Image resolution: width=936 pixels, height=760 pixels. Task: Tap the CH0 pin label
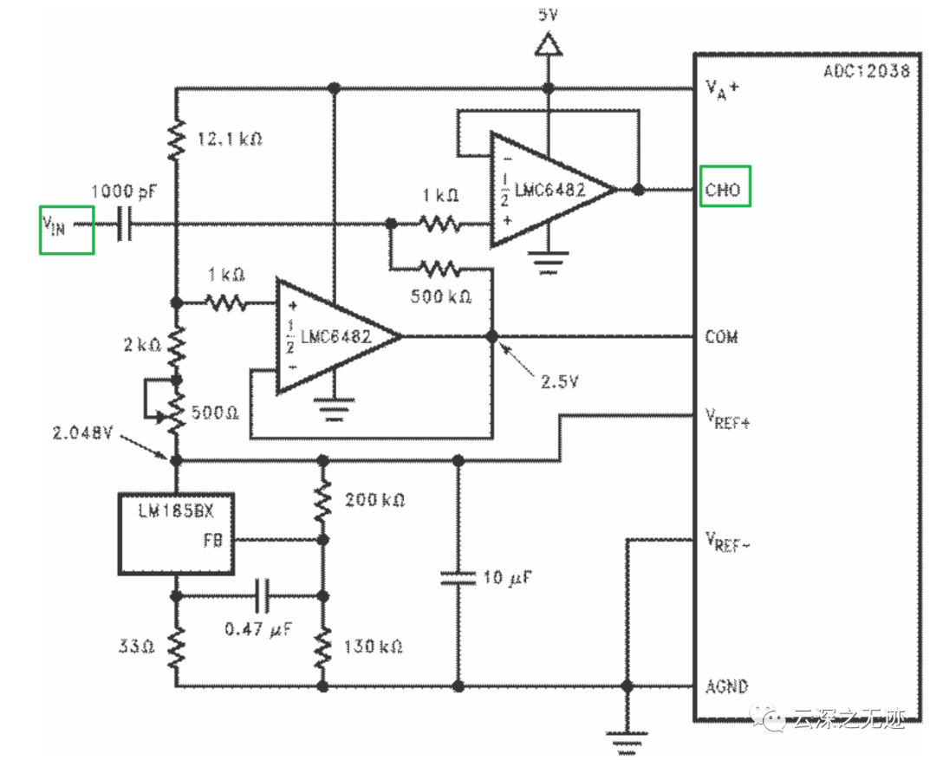tap(724, 189)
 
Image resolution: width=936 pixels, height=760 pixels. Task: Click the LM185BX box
tap(177, 532)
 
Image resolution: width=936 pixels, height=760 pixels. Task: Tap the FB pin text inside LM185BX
tap(213, 540)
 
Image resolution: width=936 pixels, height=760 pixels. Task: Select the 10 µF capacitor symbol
tap(458, 577)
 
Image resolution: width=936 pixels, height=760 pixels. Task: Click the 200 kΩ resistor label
tap(375, 500)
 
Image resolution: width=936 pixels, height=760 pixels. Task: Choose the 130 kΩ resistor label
tap(374, 646)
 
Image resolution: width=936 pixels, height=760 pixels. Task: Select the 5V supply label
tap(548, 15)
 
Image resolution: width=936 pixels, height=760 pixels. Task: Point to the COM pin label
tap(721, 336)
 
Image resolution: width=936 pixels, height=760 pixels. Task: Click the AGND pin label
tap(726, 685)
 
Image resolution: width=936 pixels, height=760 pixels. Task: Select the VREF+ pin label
tap(727, 421)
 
